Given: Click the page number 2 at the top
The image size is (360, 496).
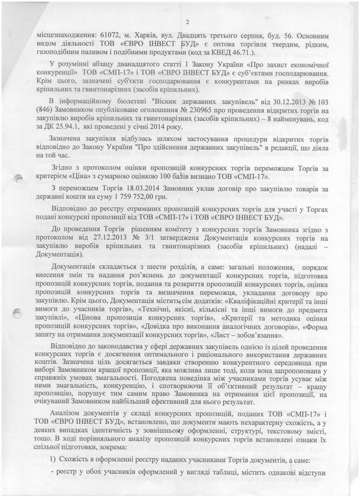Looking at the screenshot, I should tap(187, 21).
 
